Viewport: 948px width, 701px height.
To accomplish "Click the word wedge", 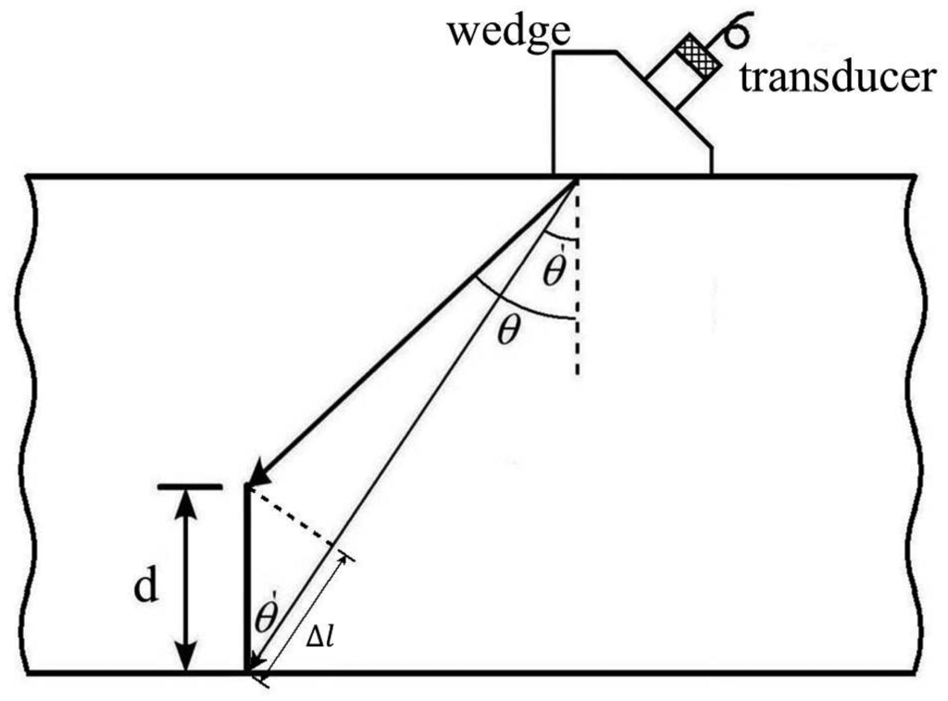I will click(506, 33).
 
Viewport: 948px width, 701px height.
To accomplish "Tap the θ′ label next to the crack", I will click(266, 619).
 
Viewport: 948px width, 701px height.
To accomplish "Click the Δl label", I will click(320, 637).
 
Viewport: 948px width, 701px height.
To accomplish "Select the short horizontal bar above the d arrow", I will click(190, 486).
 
